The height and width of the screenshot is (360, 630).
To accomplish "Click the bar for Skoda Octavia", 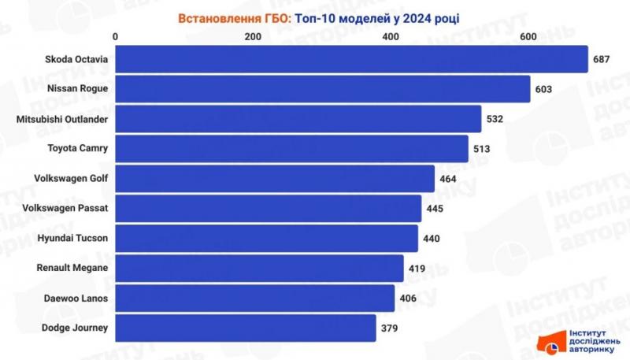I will pos(351,59).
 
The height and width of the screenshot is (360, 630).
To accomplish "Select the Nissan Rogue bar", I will pos(323,89).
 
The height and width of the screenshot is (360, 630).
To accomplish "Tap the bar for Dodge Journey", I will pos(246,328).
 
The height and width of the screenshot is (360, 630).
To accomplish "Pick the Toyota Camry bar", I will pos(292,148).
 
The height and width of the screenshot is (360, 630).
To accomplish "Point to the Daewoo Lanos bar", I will pos(255,299).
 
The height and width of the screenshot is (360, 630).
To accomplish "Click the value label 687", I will pos(602,59).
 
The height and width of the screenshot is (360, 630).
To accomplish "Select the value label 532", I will pos(495,119).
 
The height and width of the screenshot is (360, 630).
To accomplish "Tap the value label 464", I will pos(448,179).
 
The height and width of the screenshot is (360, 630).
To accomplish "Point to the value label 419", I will pos(417,269).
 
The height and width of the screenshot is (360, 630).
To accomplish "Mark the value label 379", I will pos(390,328).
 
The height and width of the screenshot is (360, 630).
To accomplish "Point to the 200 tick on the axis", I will pos(253,37).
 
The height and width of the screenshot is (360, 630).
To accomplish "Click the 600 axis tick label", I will pos(527,37).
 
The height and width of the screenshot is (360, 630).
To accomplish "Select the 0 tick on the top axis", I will pos(117,37).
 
